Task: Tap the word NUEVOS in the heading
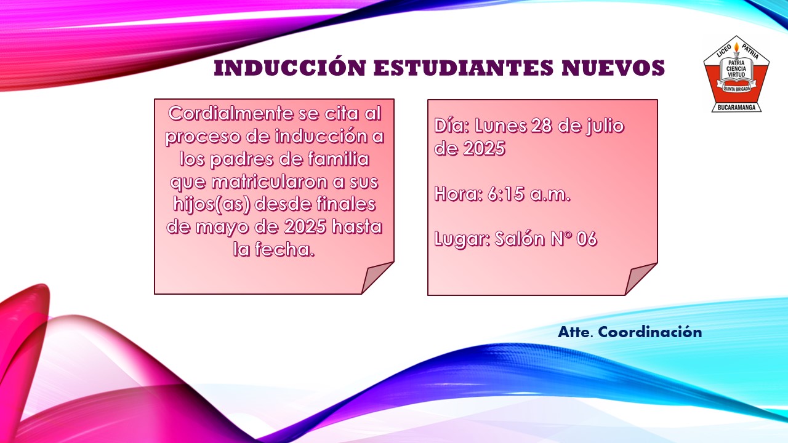(613, 68)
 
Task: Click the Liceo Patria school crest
(736, 74)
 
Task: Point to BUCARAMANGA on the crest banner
(736, 107)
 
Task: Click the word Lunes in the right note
(500, 126)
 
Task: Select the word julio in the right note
(605, 127)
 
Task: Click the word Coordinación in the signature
(649, 332)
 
